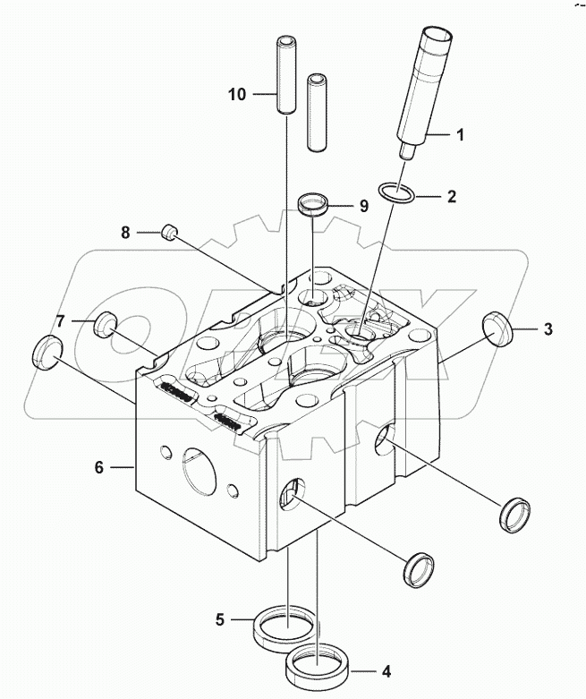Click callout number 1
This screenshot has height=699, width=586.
[x=460, y=135]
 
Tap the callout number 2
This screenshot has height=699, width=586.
[x=451, y=194]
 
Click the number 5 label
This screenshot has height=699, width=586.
[x=219, y=618]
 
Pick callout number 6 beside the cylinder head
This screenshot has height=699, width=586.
[x=100, y=466]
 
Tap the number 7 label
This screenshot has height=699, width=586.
[x=61, y=320]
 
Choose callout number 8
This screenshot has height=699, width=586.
[x=126, y=233]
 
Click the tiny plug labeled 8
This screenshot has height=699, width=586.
[x=170, y=234]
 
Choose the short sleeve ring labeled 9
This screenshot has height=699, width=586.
[x=312, y=204]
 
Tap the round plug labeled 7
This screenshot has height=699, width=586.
[x=107, y=323]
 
